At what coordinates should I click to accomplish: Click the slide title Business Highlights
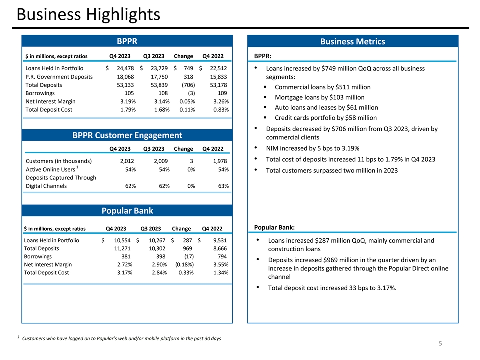[88, 14]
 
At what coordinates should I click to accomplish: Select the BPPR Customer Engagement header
[127, 135]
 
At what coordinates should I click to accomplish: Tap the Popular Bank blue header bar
[127, 210]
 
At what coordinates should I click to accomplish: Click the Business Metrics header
[353, 41]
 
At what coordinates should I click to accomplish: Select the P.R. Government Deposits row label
[59, 77]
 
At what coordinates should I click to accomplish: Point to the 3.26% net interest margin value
[219, 101]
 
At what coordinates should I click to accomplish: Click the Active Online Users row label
[52, 170]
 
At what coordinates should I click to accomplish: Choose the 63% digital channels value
[223, 186]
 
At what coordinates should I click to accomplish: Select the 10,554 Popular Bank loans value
[118, 240]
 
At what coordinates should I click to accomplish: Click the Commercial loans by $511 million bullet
[323, 87]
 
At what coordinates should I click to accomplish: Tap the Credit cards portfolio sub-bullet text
[326, 118]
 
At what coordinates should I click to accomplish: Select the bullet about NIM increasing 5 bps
[313, 148]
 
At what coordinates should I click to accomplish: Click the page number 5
[440, 344]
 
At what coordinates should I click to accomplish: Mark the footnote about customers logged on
[121, 339]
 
